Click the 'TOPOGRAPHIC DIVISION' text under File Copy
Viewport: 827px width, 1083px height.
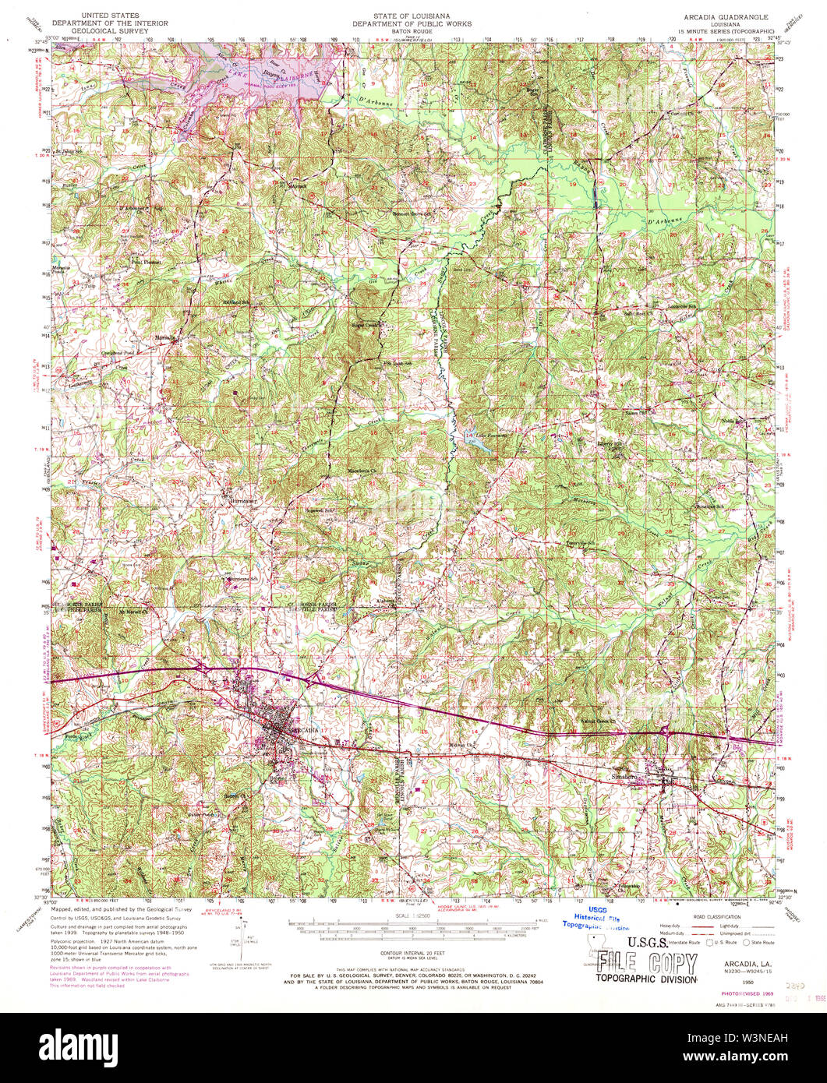(x=646, y=978)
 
